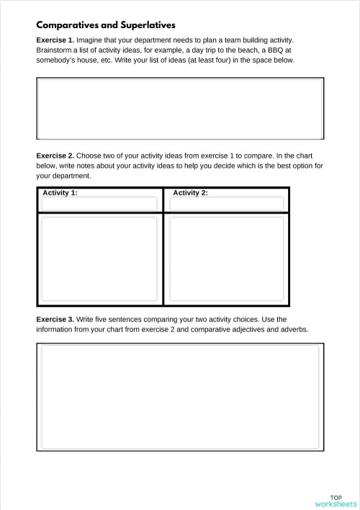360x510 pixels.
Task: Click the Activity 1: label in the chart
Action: (60, 193)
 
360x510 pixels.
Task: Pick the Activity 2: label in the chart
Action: (190, 193)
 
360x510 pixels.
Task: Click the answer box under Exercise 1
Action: (179, 108)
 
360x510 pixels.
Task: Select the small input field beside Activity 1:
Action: (99, 204)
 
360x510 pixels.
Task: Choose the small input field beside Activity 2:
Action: (226, 204)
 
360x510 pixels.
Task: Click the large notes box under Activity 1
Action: (99, 259)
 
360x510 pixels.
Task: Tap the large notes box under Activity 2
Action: (226, 259)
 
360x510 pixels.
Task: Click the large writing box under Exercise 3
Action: (179, 396)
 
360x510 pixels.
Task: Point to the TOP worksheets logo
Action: (336, 501)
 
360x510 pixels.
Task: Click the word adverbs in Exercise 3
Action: (293, 330)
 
